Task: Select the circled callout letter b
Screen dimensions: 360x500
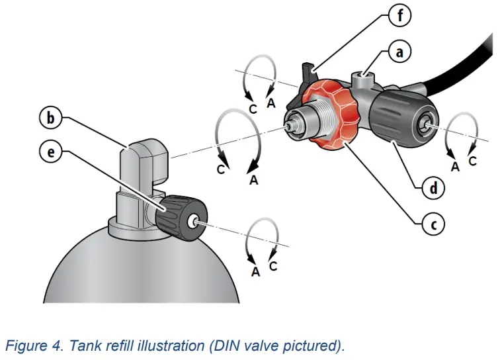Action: [x=50, y=119]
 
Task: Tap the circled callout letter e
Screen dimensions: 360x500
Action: [x=50, y=152]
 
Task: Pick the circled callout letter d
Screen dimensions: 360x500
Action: [x=434, y=189]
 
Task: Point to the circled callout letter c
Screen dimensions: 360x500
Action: [x=433, y=224]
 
